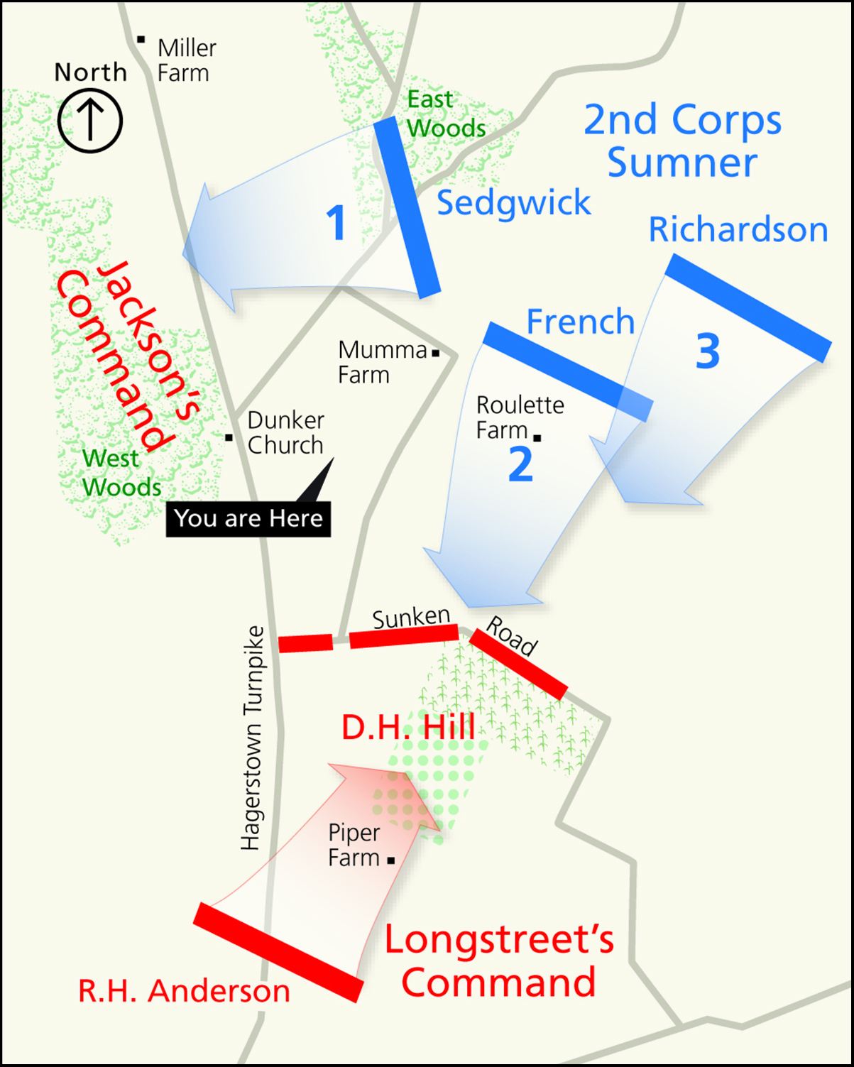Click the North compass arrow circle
click(90, 120)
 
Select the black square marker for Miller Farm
click(141, 40)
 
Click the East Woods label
click(446, 114)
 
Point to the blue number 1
click(336, 223)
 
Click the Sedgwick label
click(513, 203)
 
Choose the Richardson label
click(738, 230)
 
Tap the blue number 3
click(708, 351)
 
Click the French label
click(580, 322)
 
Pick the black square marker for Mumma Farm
click(435, 353)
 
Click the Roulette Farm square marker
click(537, 438)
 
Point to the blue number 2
click(520, 465)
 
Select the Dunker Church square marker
click(229, 437)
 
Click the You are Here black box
click(248, 518)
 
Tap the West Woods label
click(121, 473)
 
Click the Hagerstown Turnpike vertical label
click(252, 738)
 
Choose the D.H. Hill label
click(408, 728)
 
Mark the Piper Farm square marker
click(391, 860)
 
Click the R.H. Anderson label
click(184, 992)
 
